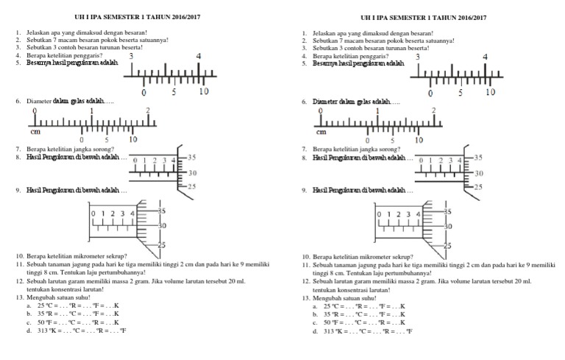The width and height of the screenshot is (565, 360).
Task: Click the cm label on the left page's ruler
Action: click(35, 133)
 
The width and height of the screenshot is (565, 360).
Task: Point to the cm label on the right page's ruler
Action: click(321, 133)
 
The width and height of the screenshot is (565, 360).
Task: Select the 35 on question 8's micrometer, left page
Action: click(191, 157)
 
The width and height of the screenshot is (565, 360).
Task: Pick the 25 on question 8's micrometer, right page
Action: click(477, 187)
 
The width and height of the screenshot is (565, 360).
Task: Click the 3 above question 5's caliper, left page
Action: click(131, 57)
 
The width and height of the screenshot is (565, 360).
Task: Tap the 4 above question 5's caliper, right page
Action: click(485, 57)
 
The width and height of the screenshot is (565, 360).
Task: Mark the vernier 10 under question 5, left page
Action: click(204, 92)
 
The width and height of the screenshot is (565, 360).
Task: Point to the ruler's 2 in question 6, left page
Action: click(148, 110)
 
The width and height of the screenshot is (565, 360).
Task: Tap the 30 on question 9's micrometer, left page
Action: click(162, 225)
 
